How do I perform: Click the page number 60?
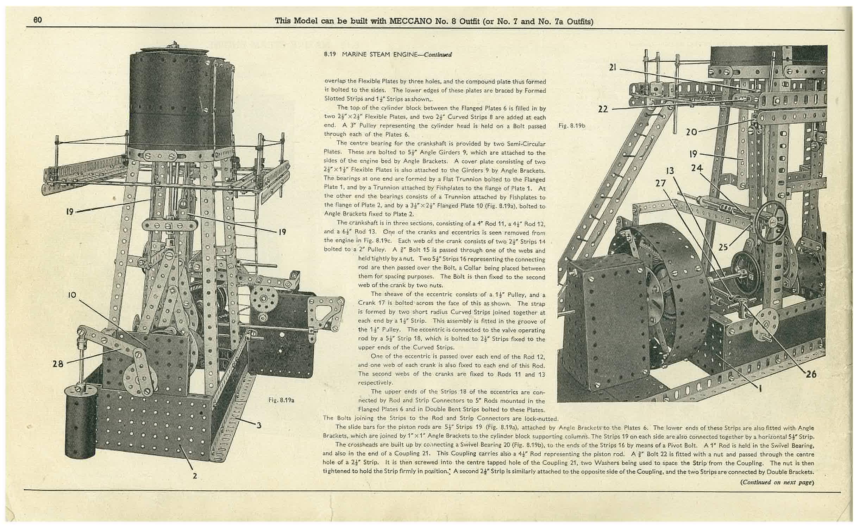click(38, 20)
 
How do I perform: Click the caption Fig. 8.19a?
click(281, 400)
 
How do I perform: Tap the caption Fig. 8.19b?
click(572, 125)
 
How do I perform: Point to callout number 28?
click(58, 364)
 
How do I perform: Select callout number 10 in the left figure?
click(72, 294)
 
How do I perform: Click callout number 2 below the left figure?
click(195, 476)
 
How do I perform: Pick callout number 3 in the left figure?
click(259, 425)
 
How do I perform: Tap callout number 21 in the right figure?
click(613, 67)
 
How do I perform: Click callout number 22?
click(603, 109)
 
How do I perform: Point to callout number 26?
click(811, 374)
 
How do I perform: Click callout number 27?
click(660, 183)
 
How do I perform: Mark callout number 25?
click(723, 247)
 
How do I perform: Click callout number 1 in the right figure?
click(760, 389)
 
